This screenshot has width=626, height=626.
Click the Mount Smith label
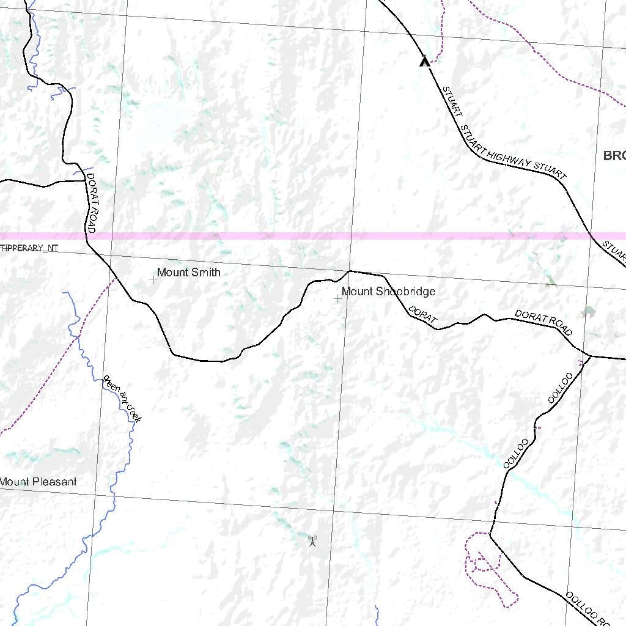point(188,272)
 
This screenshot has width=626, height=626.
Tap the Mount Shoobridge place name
point(388,291)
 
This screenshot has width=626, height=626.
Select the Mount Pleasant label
point(39,482)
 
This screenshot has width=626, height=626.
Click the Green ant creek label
point(122,399)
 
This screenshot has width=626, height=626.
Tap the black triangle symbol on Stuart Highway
point(424,61)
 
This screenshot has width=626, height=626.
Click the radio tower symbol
point(312,540)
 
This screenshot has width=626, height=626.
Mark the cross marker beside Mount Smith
point(153,279)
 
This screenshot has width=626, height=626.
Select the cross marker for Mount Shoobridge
point(337,298)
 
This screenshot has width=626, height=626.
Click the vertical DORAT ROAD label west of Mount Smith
point(92,202)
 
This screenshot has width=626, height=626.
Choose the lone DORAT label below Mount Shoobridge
point(423,315)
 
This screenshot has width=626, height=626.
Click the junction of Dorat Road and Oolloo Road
point(589,355)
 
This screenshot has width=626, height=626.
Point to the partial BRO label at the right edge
point(614,155)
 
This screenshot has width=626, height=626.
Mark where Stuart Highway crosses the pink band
point(592,235)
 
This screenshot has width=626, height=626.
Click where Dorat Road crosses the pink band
point(86,235)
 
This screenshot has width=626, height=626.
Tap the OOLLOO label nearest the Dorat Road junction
point(561,387)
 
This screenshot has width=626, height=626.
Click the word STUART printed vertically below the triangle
point(452,101)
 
